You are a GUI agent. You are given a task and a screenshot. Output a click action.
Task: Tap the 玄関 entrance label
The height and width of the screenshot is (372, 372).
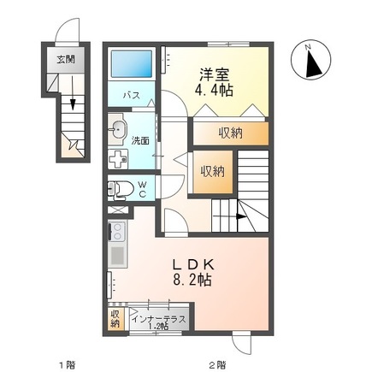tap(65, 60)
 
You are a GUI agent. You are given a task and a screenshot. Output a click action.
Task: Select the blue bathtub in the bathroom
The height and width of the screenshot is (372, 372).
tap(132, 63)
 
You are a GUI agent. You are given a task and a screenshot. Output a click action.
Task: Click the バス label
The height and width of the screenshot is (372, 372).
tap(132, 95)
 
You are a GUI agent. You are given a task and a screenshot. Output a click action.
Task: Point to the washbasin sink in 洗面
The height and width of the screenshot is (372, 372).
tap(118, 131)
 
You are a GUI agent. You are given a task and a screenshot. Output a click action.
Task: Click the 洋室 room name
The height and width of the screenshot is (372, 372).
tap(213, 74)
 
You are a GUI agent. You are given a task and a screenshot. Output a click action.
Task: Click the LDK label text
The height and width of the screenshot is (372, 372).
tap(192, 263)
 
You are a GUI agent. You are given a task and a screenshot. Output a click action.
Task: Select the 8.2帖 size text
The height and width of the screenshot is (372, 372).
tap(194, 280)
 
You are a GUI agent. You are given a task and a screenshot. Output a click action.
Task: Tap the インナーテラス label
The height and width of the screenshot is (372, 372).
tap(158, 318)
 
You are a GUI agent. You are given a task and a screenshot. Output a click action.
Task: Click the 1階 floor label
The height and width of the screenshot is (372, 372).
tap(67, 364)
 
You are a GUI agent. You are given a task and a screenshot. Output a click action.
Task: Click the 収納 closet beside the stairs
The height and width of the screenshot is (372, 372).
tap(212, 170)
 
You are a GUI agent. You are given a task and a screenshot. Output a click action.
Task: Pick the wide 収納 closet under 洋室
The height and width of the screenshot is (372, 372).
tap(230, 132)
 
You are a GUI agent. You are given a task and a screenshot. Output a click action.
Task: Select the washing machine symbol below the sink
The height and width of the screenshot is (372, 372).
tap(118, 160)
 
